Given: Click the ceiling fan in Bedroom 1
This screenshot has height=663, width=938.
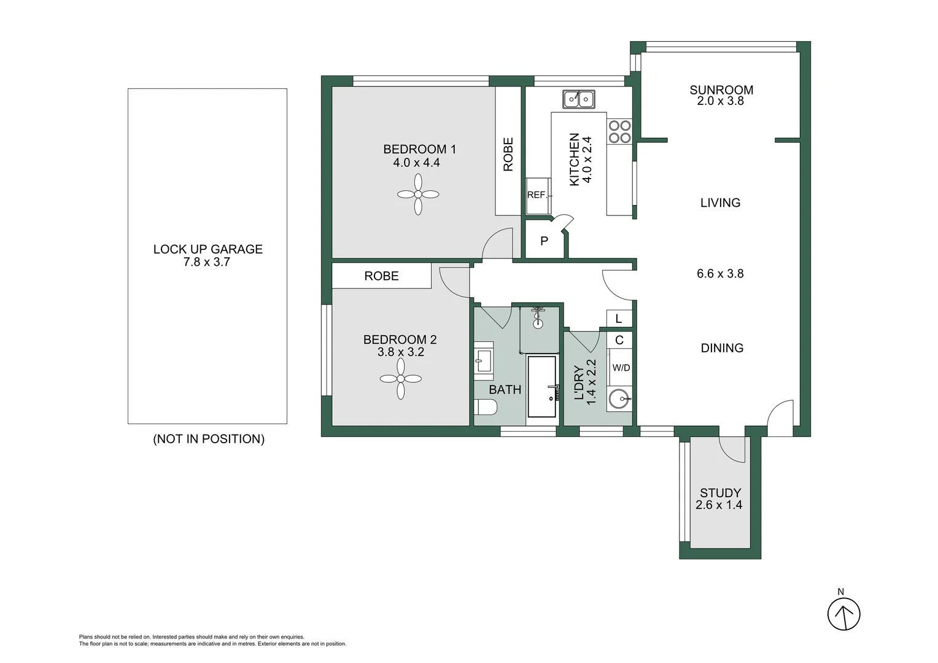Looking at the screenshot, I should click(418, 194).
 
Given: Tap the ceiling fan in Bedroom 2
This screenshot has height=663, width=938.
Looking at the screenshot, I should click(401, 379).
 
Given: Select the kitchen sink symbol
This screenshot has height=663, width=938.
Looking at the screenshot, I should click(578, 98).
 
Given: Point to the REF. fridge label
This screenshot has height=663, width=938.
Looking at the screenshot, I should click(537, 195).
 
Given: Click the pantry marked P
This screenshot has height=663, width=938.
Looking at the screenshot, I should click(544, 241).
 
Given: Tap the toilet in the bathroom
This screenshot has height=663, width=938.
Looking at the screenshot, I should click(485, 407).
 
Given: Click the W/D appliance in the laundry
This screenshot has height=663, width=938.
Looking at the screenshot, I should click(621, 368).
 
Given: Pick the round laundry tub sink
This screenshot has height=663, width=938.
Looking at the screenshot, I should click(620, 399).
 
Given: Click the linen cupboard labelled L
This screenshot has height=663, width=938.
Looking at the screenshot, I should click(619, 319).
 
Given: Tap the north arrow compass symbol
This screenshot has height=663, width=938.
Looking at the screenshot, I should click(843, 613).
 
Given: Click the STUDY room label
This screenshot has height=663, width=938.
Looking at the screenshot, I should click(720, 493).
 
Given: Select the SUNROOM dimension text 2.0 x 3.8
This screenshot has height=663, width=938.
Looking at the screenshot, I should click(720, 101).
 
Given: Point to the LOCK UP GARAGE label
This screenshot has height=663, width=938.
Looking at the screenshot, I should click(207, 249).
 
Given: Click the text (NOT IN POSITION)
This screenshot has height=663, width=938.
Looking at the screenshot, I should click(209, 439).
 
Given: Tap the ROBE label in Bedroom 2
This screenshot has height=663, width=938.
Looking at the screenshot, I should click(381, 276).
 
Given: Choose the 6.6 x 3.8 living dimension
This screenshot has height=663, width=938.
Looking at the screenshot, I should click(720, 274).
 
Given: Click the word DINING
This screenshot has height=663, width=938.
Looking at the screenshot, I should click(722, 348).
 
